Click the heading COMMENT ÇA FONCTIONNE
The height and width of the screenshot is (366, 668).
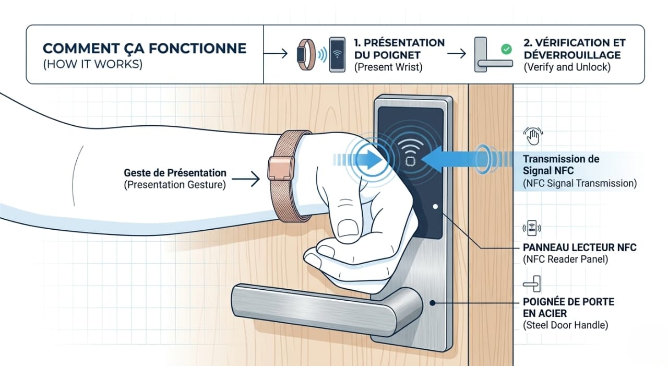click(x=144, y=49)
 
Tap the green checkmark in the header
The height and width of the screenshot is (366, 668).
click(x=506, y=50)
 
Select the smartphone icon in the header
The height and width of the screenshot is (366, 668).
click(x=337, y=54)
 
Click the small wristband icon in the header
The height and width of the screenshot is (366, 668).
click(x=306, y=54)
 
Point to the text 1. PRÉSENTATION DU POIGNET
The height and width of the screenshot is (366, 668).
click(x=399, y=49)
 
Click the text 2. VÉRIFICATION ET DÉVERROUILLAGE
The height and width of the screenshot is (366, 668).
click(x=574, y=49)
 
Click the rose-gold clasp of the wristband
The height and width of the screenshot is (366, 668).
click(x=278, y=168)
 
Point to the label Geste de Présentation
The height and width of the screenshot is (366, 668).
click(x=175, y=173)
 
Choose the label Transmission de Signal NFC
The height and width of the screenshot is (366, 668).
click(x=560, y=164)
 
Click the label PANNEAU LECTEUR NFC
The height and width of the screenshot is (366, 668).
click(x=579, y=247)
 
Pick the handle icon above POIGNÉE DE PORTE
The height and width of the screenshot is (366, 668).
click(x=532, y=284)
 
